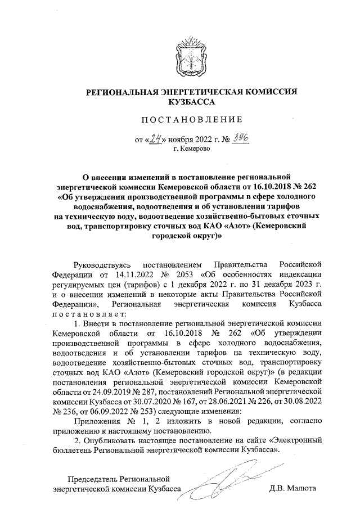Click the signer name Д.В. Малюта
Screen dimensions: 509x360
(293, 488)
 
